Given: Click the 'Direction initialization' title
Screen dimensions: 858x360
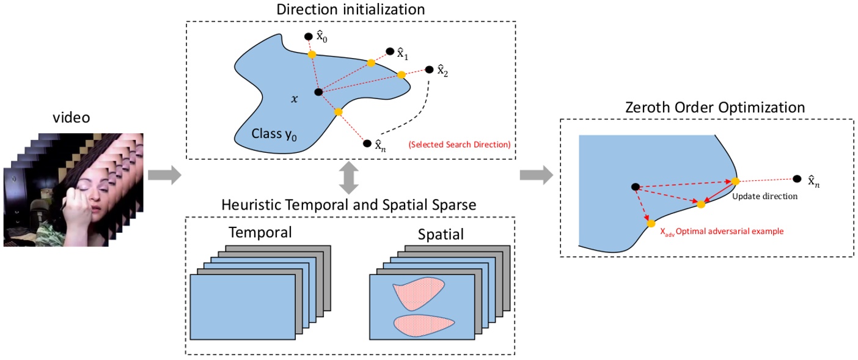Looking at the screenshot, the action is coord(351,9).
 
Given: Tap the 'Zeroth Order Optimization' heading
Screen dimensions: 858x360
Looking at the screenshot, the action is coord(715,107).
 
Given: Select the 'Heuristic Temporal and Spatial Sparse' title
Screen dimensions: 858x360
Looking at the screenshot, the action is coord(348,205).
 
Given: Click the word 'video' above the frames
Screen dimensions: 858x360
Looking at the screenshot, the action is coord(71,117).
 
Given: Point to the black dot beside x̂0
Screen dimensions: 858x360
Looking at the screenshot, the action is coord(309,37).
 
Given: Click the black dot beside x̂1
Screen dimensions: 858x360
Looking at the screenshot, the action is coord(390,51).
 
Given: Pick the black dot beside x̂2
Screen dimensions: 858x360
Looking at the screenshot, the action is coord(430,69).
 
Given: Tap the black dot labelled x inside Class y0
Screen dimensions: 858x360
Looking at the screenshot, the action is coord(318,92).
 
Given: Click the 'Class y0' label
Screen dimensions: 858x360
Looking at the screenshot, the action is coord(274,134).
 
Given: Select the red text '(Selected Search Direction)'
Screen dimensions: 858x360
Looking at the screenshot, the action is coord(460,144).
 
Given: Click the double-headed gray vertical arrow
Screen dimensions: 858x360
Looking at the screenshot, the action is coord(348,178).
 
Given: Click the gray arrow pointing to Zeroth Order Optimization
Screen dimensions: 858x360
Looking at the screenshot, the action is coord(537,175).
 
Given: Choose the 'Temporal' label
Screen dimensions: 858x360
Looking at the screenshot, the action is coord(260,232).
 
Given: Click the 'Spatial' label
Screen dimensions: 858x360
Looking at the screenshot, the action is coord(441,234).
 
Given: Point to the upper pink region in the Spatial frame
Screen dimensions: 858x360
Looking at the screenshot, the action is coord(418,293).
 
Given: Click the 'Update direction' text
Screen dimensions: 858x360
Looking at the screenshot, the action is coord(765,196).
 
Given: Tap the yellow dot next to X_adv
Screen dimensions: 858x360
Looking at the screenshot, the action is coord(651,223).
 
